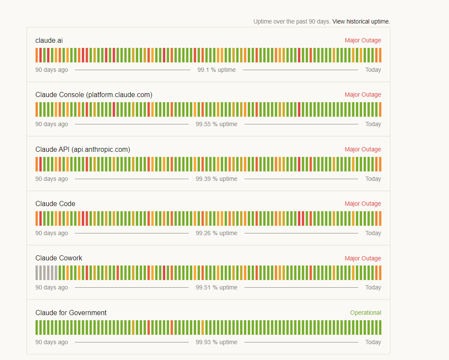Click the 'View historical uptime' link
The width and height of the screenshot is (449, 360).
click(x=361, y=21)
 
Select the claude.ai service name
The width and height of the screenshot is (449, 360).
click(x=49, y=40)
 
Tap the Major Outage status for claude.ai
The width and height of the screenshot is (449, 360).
click(x=363, y=40)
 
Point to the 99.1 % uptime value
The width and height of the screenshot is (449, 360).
click(x=217, y=70)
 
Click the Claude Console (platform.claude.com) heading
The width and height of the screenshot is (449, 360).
click(x=94, y=94)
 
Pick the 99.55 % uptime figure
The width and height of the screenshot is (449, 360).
click(x=217, y=124)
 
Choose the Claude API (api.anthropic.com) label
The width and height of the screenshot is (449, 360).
click(x=83, y=149)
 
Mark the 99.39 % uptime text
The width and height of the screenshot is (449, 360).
click(x=217, y=179)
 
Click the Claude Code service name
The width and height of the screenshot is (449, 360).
click(x=55, y=204)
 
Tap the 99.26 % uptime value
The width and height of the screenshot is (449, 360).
click(x=217, y=233)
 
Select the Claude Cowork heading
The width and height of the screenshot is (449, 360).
click(x=59, y=258)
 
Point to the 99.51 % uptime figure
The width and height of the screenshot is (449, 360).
click(x=217, y=287)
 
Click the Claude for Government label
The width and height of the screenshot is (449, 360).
click(x=71, y=313)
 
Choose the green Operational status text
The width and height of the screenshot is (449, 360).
click(x=366, y=313)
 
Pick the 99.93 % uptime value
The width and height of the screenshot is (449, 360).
click(x=217, y=342)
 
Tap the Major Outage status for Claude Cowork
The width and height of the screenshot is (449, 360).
click(x=363, y=258)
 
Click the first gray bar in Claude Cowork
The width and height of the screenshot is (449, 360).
click(x=37, y=273)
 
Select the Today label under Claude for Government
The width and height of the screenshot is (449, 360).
click(x=373, y=342)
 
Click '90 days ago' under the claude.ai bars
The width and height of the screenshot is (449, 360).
click(x=51, y=70)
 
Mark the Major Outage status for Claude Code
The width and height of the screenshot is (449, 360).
click(x=363, y=204)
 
